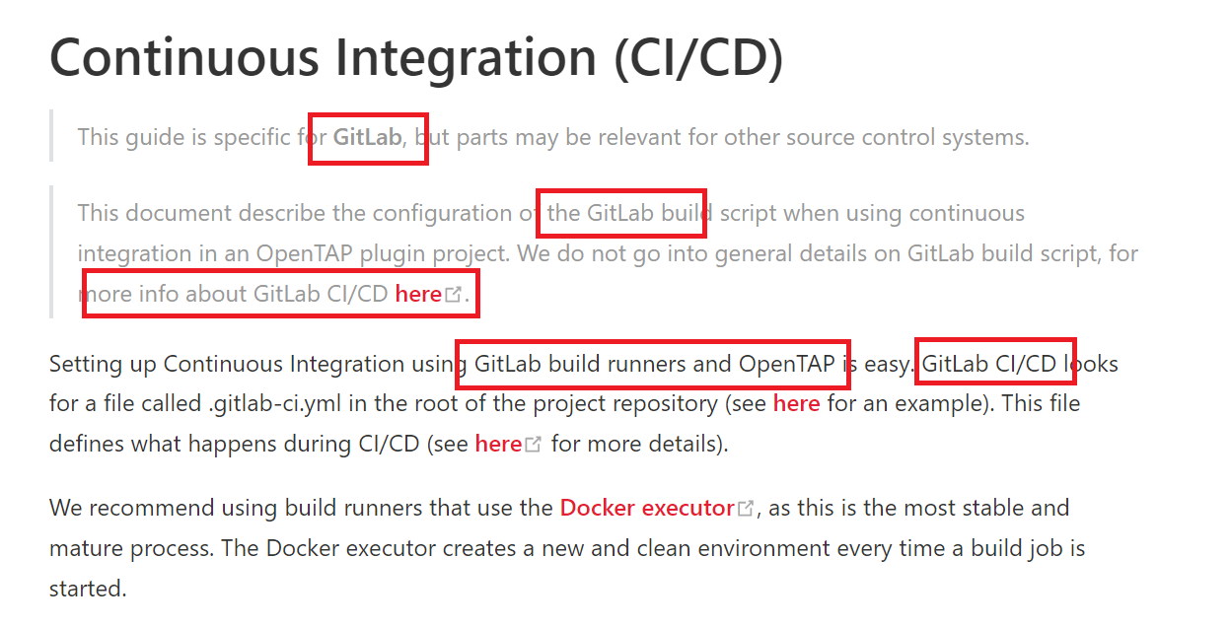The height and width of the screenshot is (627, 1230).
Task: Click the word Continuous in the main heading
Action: click(183, 56)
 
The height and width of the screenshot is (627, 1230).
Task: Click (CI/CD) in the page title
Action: click(698, 56)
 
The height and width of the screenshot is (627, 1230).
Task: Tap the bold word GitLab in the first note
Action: click(367, 137)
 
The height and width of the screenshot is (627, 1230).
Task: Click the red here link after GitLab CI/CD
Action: click(418, 294)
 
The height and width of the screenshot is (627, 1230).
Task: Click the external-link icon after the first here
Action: click(454, 294)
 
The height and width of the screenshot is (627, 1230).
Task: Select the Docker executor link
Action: click(646, 508)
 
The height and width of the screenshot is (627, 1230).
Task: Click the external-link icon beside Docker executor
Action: click(747, 509)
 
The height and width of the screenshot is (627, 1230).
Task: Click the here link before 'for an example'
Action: click(796, 403)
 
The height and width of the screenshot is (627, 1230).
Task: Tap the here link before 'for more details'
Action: click(498, 444)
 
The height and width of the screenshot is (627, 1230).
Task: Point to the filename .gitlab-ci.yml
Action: click(267, 403)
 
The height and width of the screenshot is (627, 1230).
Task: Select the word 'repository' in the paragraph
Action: click(678, 403)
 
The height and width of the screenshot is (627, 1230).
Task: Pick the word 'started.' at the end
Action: click(88, 589)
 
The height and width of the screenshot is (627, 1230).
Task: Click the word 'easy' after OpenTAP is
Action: click(887, 364)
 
